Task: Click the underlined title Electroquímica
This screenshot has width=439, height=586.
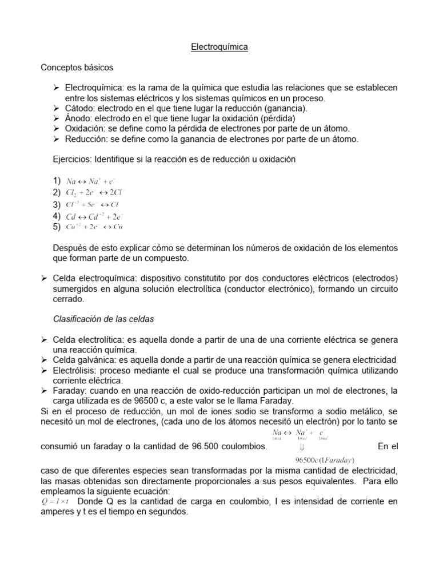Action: pyautogui.click(x=219, y=47)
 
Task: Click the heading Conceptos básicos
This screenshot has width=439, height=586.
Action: pyautogui.click(x=77, y=68)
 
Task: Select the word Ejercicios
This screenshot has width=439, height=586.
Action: pyautogui.click(x=72, y=160)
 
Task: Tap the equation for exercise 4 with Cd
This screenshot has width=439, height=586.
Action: pyautogui.click(x=95, y=216)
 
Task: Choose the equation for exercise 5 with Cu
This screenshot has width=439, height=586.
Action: pyautogui.click(x=94, y=227)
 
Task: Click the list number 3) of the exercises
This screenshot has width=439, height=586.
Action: pyautogui.click(x=57, y=204)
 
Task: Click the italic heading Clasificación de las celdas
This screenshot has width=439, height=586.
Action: pyautogui.click(x=103, y=319)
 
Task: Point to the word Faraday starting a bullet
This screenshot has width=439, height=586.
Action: pyautogui.click(x=69, y=390)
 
